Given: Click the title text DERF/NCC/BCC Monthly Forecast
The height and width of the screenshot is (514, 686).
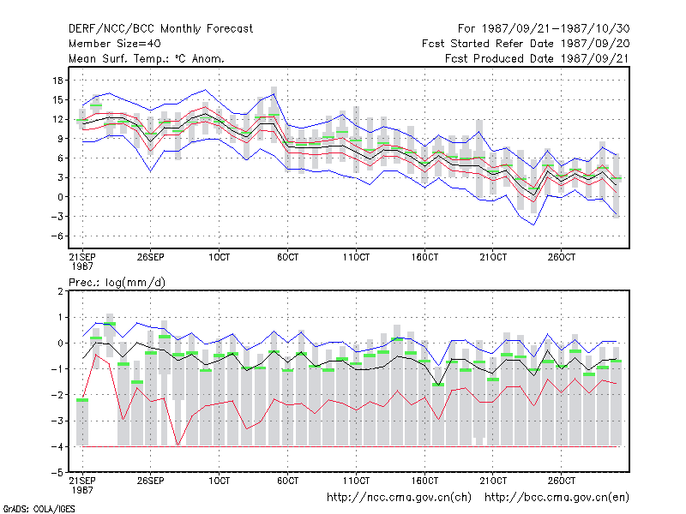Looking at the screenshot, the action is (160, 29).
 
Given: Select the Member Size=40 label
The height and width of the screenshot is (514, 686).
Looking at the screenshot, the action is (115, 44).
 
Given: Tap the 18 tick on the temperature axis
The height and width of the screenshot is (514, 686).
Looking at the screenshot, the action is (57, 81).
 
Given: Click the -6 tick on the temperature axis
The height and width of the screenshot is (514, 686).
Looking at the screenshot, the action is (57, 236).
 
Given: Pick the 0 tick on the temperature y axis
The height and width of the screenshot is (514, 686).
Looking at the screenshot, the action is (60, 197).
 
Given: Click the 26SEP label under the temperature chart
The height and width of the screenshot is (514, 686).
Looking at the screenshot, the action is (151, 257).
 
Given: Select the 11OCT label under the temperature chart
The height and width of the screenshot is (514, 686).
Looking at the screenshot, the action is (356, 257).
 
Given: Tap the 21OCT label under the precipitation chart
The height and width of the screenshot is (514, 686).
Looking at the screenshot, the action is (493, 481).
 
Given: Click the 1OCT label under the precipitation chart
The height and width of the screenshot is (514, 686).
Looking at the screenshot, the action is (219, 481).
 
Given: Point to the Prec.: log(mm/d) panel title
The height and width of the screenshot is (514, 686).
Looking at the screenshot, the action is (117, 283).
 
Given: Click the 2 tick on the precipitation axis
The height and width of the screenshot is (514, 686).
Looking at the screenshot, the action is (60, 291).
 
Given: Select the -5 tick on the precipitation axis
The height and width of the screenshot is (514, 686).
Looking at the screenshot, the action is (57, 473).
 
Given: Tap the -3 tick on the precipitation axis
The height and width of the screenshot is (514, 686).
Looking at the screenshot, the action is (57, 421).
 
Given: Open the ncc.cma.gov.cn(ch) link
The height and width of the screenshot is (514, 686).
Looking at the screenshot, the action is (400, 498).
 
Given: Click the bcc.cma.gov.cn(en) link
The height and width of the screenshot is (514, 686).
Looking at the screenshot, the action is (557, 498).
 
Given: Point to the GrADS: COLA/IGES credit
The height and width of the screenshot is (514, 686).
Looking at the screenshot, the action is (39, 509).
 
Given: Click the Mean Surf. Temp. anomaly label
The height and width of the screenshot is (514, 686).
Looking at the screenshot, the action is (146, 58).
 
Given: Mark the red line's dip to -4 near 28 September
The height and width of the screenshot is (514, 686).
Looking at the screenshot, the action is (178, 445).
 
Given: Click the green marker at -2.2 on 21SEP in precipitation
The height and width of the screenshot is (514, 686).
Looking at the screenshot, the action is (82, 400).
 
